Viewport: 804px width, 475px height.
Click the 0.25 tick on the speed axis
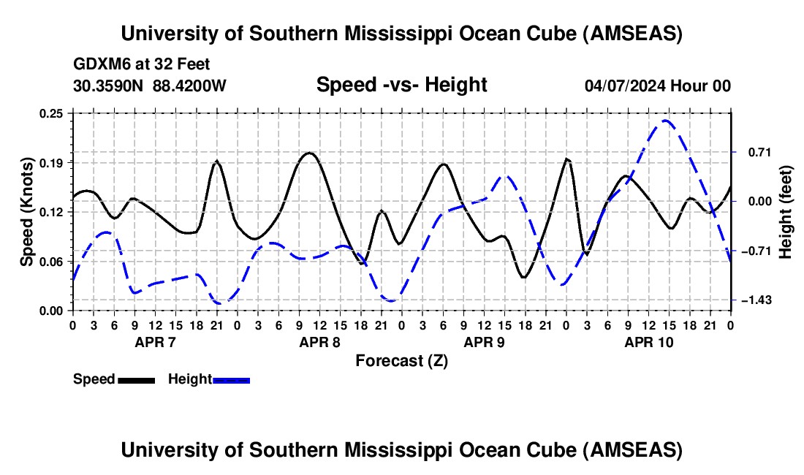(x=53, y=113)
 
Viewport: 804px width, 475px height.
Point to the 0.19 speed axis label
(x=53, y=162)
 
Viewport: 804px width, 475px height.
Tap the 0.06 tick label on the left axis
(x=53, y=261)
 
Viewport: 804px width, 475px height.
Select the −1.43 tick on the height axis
(x=754, y=300)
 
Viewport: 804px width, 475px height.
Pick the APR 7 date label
(x=154, y=342)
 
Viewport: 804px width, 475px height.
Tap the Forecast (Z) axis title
(x=401, y=360)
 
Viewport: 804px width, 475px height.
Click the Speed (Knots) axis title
(x=26, y=212)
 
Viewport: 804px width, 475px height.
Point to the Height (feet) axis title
(x=786, y=212)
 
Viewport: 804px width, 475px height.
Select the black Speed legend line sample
(x=136, y=380)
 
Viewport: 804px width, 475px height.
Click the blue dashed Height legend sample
(x=232, y=380)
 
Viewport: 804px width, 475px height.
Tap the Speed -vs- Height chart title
(x=401, y=85)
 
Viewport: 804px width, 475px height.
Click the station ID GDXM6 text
(x=98, y=64)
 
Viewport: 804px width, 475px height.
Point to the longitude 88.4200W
(x=189, y=85)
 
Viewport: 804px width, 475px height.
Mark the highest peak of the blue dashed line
(x=665, y=121)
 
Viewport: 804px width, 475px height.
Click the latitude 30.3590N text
(x=110, y=85)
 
